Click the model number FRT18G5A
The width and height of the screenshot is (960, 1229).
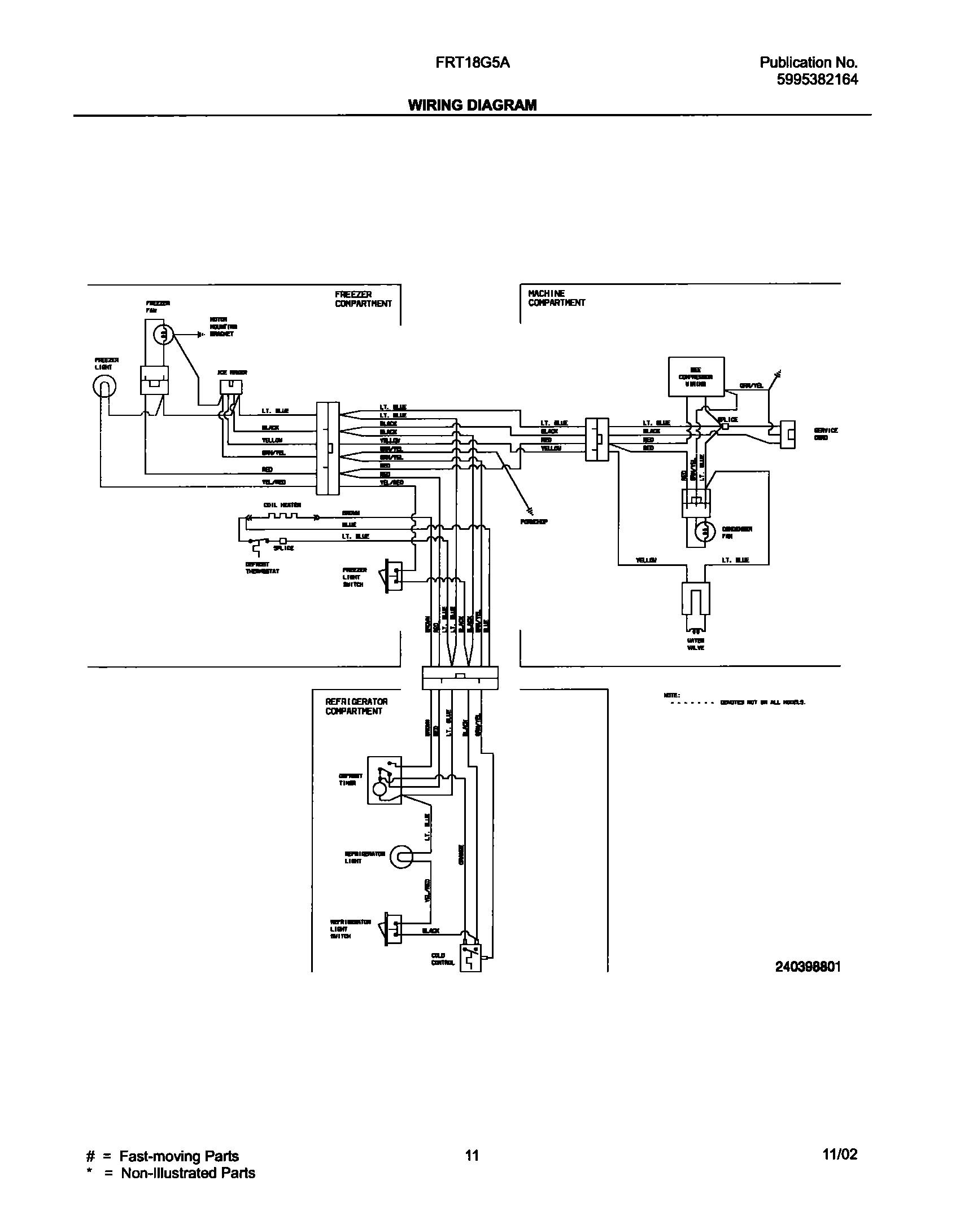[473, 63]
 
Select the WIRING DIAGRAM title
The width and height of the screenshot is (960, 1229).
[472, 105]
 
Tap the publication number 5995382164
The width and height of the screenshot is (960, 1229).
[817, 80]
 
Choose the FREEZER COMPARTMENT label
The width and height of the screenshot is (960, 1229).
[363, 299]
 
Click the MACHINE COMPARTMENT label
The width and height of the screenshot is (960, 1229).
[556, 298]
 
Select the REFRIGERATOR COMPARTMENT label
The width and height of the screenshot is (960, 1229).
[356, 706]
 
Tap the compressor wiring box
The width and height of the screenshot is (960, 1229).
[696, 376]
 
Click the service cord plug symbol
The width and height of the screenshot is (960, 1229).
[788, 434]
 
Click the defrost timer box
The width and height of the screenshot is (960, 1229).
[384, 780]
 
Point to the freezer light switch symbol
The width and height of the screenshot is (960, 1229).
[393, 576]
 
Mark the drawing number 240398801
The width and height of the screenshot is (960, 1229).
[808, 967]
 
